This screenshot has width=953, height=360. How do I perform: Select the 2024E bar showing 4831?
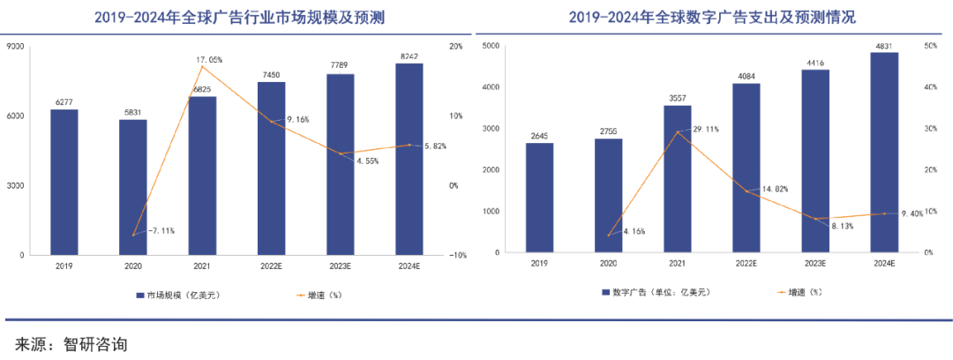(884, 153)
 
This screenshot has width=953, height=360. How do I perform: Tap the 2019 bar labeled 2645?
(540, 198)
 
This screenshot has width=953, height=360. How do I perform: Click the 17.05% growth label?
(209, 60)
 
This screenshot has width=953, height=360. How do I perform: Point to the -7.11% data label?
(161, 230)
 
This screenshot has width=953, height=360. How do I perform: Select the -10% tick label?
(458, 256)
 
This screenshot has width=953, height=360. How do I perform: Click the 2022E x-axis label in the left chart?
(271, 265)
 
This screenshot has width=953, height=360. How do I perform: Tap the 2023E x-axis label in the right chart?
(815, 263)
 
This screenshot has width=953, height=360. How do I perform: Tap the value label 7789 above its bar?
(341, 66)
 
